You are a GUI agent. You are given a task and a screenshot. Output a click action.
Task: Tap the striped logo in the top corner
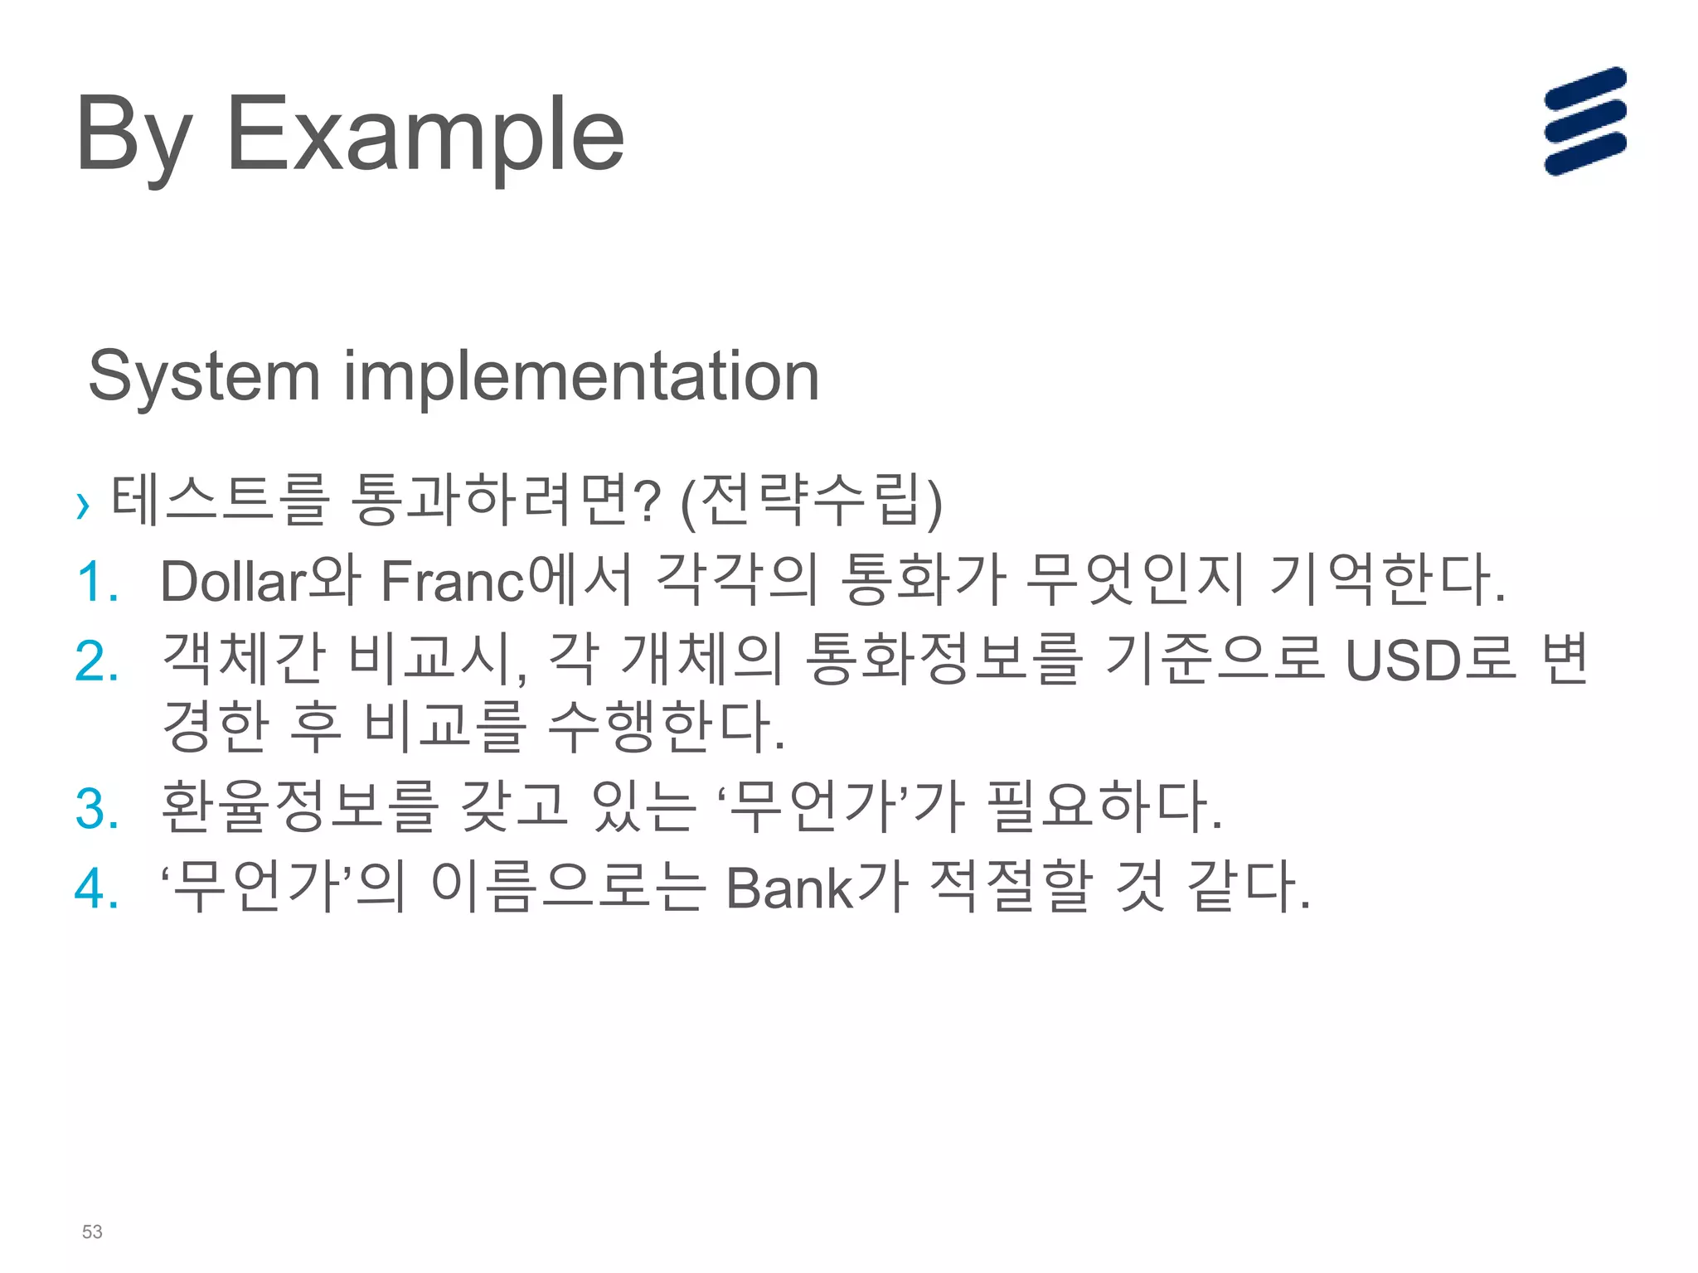click(x=1584, y=121)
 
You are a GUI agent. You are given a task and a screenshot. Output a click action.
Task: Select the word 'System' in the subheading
click(x=204, y=377)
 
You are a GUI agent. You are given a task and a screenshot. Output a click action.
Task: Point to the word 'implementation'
click(x=581, y=377)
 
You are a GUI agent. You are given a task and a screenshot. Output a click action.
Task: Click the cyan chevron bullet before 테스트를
click(x=82, y=505)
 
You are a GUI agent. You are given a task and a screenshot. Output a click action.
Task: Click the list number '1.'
click(x=98, y=582)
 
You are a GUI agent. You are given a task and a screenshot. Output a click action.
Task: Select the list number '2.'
click(x=98, y=661)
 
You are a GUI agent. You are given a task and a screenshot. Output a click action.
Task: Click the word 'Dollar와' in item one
click(x=260, y=580)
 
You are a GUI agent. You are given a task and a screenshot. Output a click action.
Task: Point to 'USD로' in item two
click(x=1429, y=660)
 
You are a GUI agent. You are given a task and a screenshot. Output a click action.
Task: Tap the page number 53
click(x=92, y=1232)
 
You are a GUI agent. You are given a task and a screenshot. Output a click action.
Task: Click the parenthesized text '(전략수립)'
click(x=811, y=501)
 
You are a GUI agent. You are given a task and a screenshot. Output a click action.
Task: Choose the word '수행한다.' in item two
click(x=667, y=726)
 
